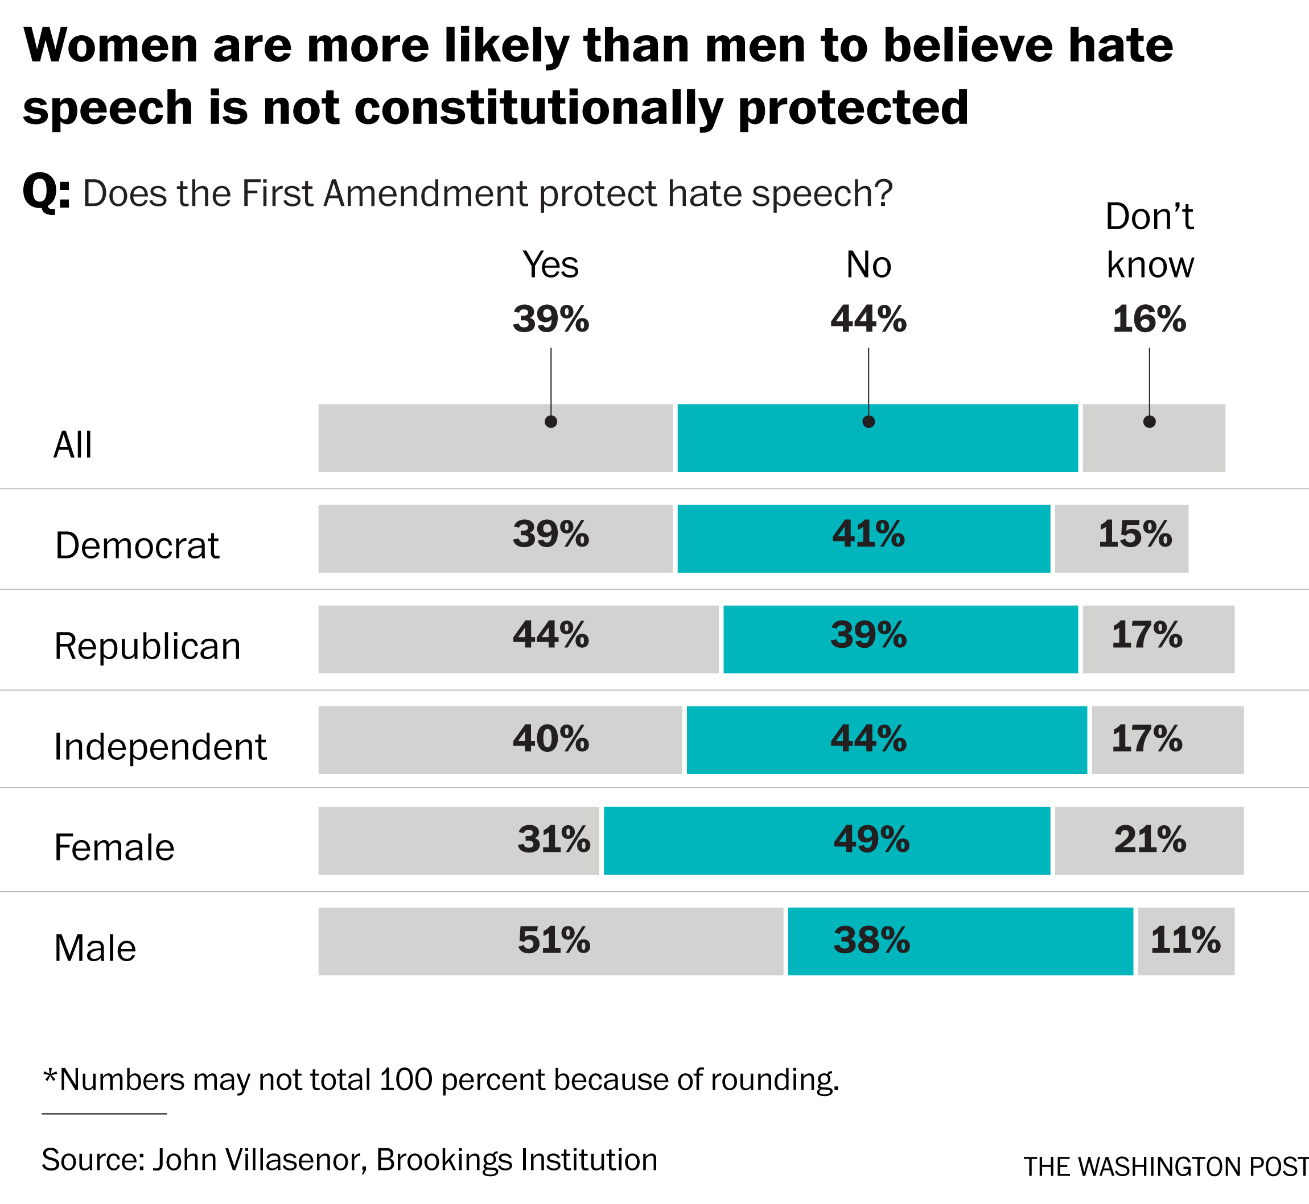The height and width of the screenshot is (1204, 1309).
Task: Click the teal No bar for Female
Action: (826, 841)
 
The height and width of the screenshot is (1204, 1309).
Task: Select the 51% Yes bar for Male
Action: (551, 941)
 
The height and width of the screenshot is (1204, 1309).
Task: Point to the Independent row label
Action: (160, 747)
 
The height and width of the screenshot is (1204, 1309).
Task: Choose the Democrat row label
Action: (137, 545)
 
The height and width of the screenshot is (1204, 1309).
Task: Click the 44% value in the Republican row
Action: (551, 635)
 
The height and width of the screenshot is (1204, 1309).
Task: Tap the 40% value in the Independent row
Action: (551, 739)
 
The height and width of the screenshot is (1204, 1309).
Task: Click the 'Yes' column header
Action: (551, 265)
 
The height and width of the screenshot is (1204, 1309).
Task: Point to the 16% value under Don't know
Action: (1149, 319)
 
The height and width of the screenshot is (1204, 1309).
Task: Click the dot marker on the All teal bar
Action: (868, 421)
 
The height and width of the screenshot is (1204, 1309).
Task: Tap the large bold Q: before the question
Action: (46, 193)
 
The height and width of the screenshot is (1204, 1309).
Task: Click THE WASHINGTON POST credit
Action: (1166, 1167)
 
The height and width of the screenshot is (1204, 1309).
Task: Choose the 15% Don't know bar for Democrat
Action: (1121, 539)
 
